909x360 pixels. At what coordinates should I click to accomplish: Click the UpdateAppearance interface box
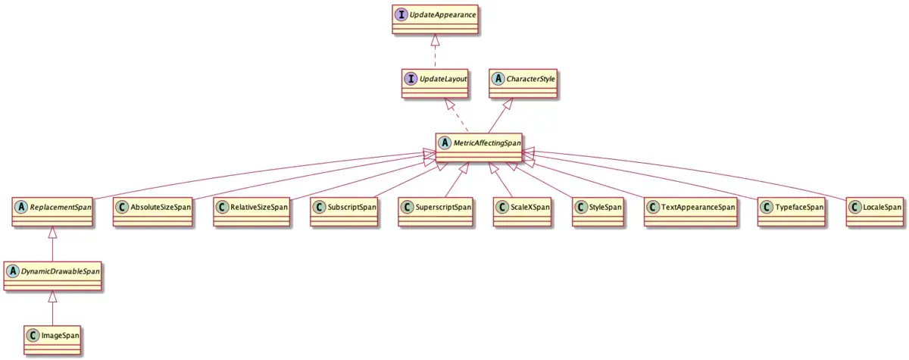(435, 18)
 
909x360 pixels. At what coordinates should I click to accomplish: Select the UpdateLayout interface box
(434, 83)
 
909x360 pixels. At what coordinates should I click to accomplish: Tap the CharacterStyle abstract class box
(523, 83)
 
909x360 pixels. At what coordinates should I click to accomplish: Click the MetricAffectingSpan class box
(479, 147)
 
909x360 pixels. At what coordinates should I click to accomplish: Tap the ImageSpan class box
(52, 339)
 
